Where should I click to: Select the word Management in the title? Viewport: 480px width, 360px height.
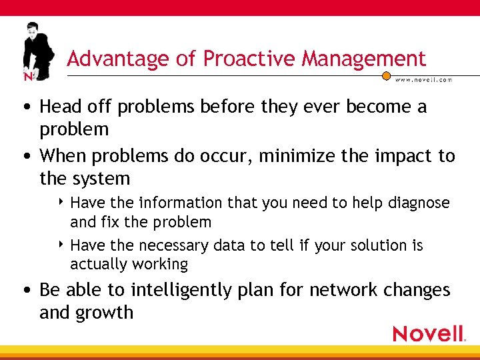tap(363, 59)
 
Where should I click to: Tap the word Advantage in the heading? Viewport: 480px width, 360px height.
tap(118, 59)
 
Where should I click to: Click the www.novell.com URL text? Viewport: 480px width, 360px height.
tap(424, 80)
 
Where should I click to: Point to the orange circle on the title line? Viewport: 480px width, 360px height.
tap(386, 76)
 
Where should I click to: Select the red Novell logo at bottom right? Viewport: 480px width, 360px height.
tap(428, 333)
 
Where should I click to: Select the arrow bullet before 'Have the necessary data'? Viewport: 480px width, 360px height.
tap(62, 245)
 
